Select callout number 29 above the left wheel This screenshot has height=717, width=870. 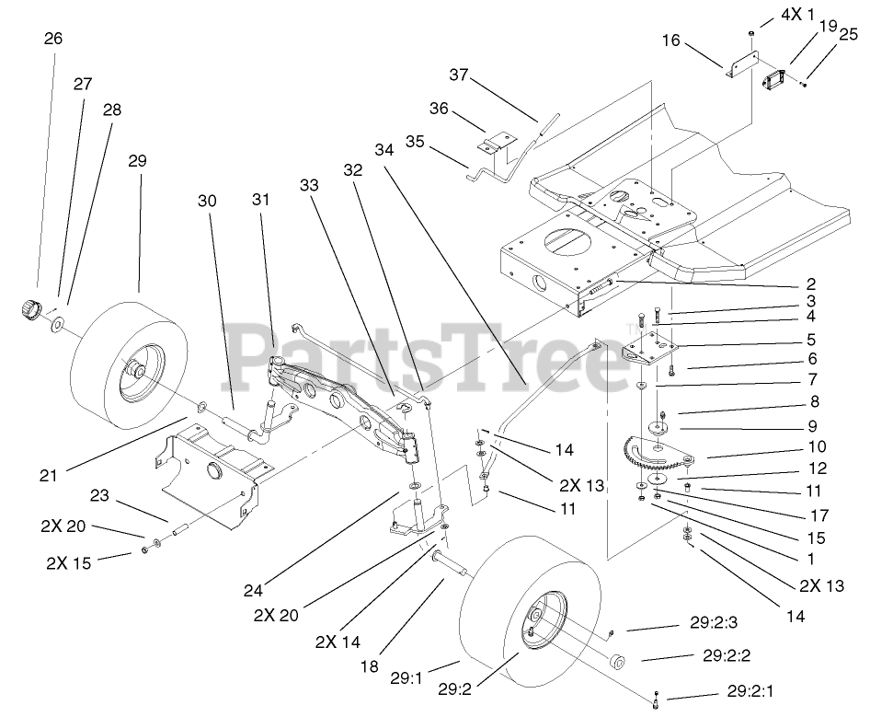(x=137, y=160)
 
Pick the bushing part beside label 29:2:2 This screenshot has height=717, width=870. (x=617, y=660)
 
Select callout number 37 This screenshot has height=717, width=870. (x=459, y=74)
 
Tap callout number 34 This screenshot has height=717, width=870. (x=383, y=149)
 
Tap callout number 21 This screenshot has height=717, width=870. (x=49, y=475)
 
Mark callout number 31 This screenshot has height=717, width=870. (x=261, y=199)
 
